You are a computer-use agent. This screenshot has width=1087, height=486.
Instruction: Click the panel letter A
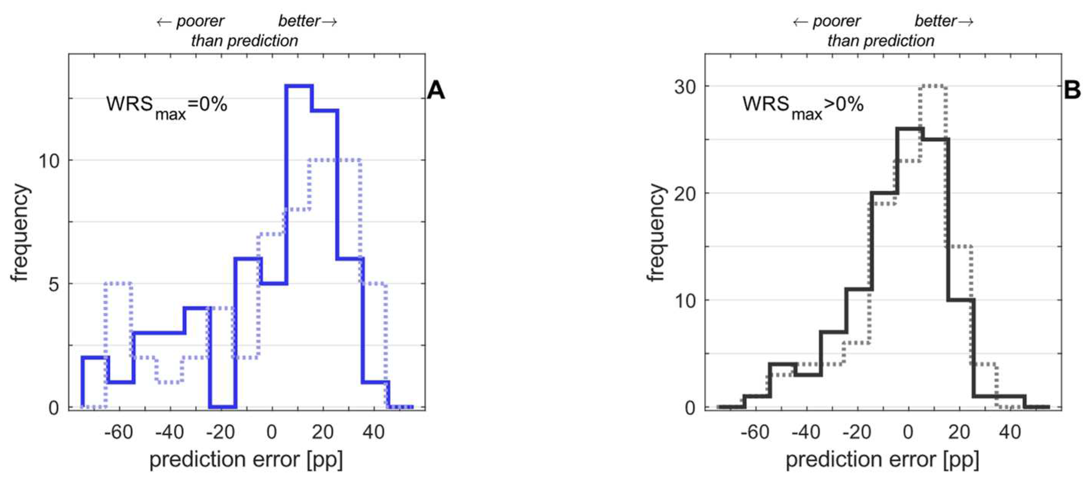click(436, 90)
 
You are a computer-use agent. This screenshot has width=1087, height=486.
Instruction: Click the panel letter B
click(1072, 90)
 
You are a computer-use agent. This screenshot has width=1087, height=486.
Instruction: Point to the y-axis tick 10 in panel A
click(49, 161)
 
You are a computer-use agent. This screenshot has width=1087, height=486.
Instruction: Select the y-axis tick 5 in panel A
click(54, 284)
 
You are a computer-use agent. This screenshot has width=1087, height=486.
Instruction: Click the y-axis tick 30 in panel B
click(685, 87)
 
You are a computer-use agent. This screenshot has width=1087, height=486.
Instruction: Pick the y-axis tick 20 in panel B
click(685, 194)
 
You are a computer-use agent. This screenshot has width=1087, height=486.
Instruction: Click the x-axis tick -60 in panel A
click(119, 432)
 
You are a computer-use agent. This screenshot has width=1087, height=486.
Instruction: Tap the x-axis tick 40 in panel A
click(373, 432)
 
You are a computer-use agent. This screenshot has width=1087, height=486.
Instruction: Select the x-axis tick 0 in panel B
click(908, 432)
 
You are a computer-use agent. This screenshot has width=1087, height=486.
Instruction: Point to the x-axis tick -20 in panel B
click(857, 432)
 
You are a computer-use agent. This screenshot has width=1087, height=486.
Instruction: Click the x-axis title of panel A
click(246, 459)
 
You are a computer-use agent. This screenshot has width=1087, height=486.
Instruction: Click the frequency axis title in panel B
click(656, 233)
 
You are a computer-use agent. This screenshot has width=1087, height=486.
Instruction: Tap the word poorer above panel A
click(200, 21)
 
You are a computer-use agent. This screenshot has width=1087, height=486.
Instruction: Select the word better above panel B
click(935, 21)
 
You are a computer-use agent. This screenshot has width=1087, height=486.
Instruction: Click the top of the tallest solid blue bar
click(299, 86)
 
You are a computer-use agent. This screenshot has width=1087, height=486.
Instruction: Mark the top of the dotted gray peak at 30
click(933, 86)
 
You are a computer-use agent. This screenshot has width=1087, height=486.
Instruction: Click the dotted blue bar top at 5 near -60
click(118, 283)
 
